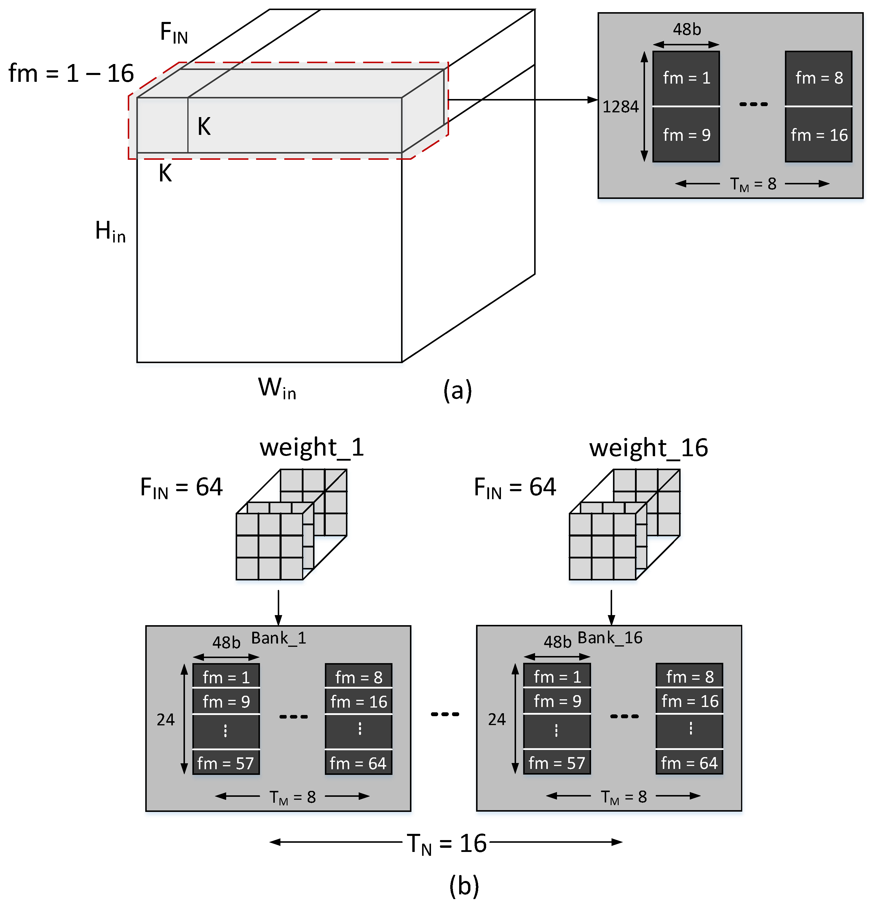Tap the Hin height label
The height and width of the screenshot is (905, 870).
tap(110, 231)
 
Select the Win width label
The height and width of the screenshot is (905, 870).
tap(277, 388)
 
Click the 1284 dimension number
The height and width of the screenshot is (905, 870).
tap(620, 107)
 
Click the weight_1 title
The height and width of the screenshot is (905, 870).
tap(312, 447)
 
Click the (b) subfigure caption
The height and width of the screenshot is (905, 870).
tap(464, 885)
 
